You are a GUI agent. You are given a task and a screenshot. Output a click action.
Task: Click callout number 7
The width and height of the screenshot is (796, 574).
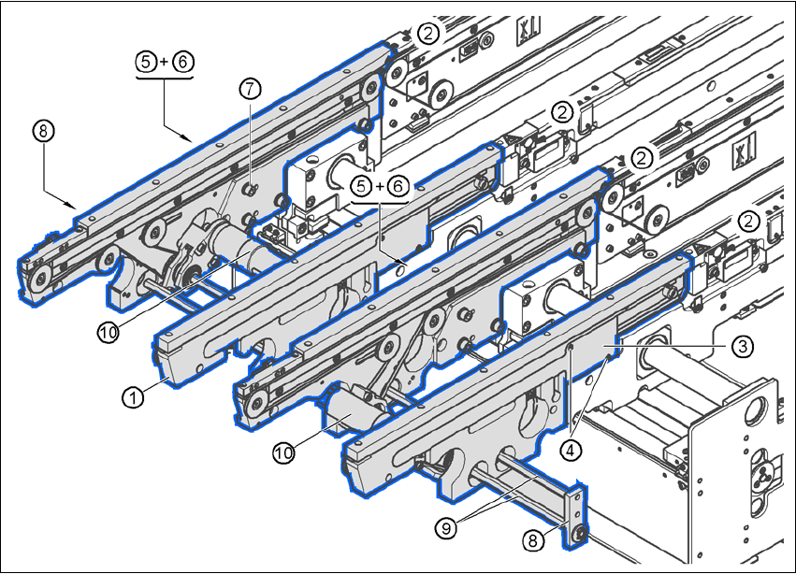pyautogui.click(x=249, y=90)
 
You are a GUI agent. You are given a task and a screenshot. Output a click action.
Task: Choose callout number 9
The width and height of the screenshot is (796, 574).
pyautogui.click(x=446, y=527)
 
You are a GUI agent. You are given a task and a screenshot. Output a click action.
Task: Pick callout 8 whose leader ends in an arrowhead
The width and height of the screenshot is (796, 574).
pyautogui.click(x=40, y=131)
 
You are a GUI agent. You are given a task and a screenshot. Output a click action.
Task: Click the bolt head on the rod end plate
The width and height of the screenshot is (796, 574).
pyautogui.click(x=581, y=534)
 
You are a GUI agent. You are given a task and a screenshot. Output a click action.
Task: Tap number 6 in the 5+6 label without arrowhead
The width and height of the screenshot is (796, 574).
pyautogui.click(x=398, y=187)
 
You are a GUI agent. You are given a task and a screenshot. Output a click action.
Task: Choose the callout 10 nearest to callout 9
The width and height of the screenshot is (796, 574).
pyautogui.click(x=284, y=452)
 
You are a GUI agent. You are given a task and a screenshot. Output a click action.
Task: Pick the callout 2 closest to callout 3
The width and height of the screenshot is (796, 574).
pyautogui.click(x=749, y=221)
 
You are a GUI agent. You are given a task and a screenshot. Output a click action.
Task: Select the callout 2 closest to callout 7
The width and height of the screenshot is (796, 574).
pyautogui.click(x=428, y=34)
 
